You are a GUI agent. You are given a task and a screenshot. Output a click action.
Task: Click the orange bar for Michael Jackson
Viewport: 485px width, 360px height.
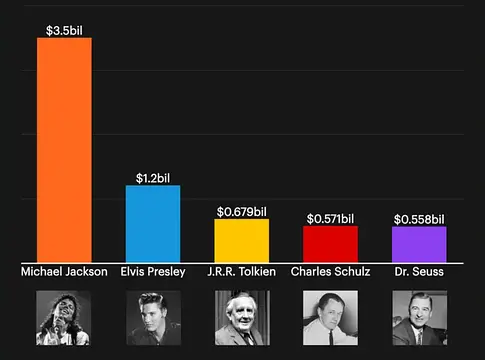tap(64, 150)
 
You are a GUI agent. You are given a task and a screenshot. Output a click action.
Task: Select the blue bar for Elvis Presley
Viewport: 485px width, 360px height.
tap(153, 224)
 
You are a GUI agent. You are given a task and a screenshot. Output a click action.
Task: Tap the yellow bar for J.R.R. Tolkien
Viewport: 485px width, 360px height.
tap(242, 241)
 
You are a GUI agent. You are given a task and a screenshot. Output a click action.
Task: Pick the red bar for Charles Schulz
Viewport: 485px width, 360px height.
tap(330, 244)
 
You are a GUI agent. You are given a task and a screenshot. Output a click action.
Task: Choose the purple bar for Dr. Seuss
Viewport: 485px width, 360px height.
tap(419, 245)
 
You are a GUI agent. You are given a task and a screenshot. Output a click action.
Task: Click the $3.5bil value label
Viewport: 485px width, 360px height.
tap(64, 30)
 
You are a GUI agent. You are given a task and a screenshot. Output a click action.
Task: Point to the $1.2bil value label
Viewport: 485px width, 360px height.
tap(153, 178)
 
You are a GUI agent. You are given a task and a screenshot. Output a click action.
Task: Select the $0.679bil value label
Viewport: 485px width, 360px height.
tap(242, 211)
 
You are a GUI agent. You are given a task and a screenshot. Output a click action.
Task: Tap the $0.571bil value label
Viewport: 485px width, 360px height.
tap(330, 218)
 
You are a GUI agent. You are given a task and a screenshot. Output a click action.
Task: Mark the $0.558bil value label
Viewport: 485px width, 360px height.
tap(419, 219)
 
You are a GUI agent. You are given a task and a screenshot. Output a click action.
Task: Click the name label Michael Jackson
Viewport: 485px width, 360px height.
tap(64, 271)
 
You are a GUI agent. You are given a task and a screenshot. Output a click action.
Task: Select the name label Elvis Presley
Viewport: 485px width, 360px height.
tap(153, 271)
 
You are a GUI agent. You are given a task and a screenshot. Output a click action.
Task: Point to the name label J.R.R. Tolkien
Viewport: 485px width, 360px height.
tap(242, 271)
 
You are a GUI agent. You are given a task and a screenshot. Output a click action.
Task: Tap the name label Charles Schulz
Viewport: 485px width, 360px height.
tap(330, 271)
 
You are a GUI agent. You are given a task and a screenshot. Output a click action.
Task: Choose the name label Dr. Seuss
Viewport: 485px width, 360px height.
tap(419, 271)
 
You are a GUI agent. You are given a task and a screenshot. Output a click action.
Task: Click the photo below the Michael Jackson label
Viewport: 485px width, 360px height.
tap(64, 317)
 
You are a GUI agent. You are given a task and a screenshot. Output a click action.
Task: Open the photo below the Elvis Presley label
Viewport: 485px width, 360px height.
tap(153, 317)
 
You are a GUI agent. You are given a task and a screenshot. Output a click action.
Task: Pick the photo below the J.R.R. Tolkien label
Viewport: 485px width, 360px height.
tap(242, 317)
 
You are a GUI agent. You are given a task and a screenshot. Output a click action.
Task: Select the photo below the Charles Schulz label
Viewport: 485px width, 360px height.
tap(330, 317)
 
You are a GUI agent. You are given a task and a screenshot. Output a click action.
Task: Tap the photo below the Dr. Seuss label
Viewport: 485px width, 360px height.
tap(419, 317)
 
